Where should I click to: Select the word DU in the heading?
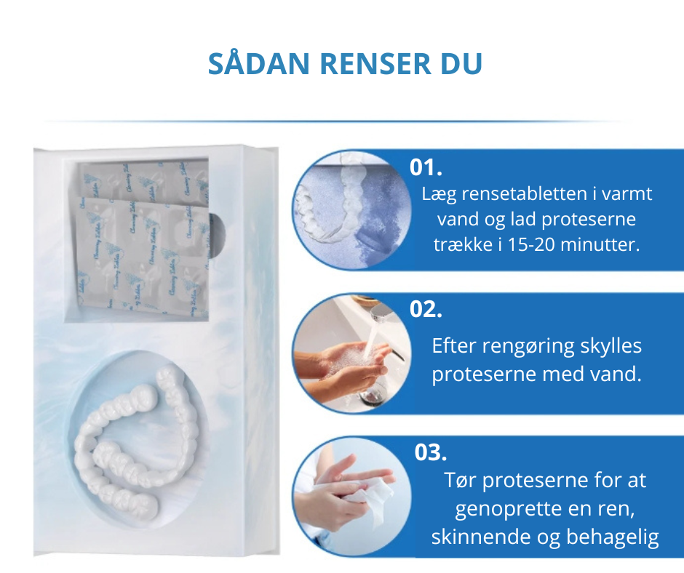pos(460,64)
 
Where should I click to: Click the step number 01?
pos(426,168)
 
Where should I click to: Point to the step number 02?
pos(426,309)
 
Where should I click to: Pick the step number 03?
pos(430,452)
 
